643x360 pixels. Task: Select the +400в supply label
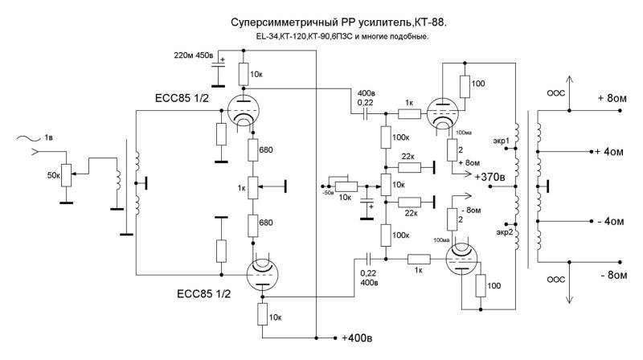pyautogui.click(x=354, y=336)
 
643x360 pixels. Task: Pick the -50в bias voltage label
pyautogui.click(x=327, y=193)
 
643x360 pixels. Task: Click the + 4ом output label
pyautogui.click(x=609, y=150)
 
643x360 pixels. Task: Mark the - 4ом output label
pyautogui.click(x=609, y=220)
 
